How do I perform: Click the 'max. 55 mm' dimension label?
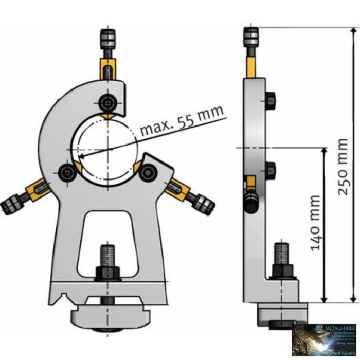[x=183, y=121]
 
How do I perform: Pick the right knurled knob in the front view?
[x=206, y=204]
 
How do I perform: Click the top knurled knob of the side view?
[x=250, y=37]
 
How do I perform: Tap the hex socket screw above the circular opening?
[x=107, y=102]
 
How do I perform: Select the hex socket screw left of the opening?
[x=67, y=173]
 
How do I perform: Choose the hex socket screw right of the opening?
[x=148, y=172]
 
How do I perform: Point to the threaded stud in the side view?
[x=282, y=254]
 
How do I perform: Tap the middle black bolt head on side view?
[x=271, y=170]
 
